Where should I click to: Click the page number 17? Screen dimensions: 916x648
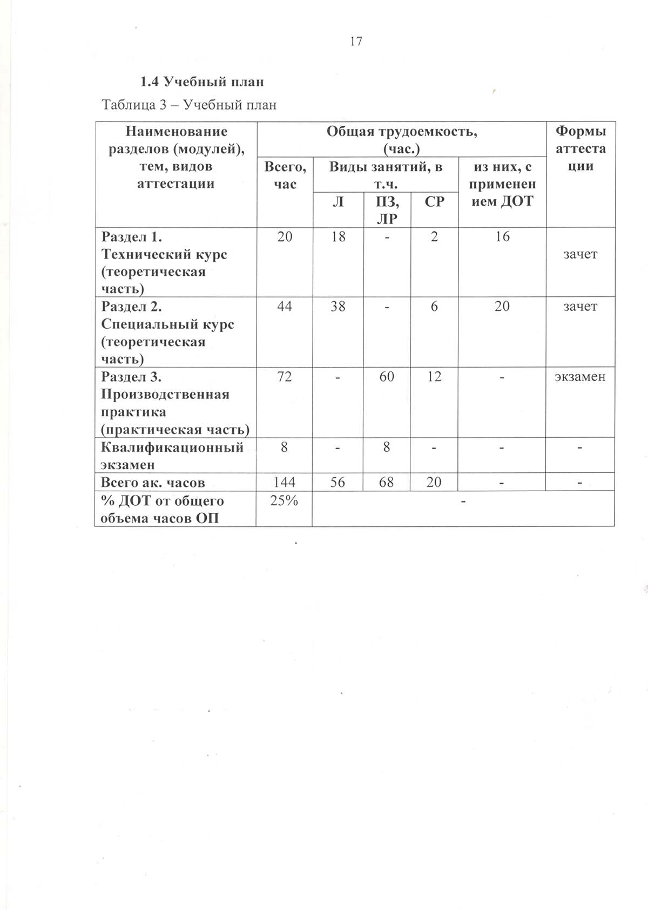pyautogui.click(x=356, y=42)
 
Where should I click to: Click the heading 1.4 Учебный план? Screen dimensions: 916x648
pyautogui.click(x=202, y=82)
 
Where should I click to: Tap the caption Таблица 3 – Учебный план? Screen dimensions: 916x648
pyautogui.click(x=189, y=105)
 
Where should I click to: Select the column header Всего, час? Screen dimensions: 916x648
pyautogui.click(x=285, y=175)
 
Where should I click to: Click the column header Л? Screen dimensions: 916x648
pyautogui.click(x=338, y=202)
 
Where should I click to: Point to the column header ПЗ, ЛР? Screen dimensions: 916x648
pyautogui.click(x=387, y=210)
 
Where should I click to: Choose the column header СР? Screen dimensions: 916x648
pyautogui.click(x=434, y=202)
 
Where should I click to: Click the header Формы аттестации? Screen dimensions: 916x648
pyautogui.click(x=580, y=148)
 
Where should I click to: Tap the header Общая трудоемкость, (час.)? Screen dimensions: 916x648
pyautogui.click(x=401, y=140)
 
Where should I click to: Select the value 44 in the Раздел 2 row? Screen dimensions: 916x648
pyautogui.click(x=285, y=307)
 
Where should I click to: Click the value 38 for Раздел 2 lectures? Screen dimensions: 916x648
pyautogui.click(x=338, y=307)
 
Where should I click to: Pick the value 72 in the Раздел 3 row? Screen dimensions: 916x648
pyautogui.click(x=285, y=377)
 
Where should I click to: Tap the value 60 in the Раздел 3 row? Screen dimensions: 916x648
pyautogui.click(x=387, y=377)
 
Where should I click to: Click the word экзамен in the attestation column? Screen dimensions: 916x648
pyautogui.click(x=580, y=377)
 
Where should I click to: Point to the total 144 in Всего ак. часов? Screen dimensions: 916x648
pyautogui.click(x=285, y=482)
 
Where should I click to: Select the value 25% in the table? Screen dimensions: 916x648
pyautogui.click(x=285, y=501)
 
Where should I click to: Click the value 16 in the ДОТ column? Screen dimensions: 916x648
pyautogui.click(x=502, y=236)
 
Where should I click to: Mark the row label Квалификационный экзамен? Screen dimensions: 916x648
pyautogui.click(x=172, y=456)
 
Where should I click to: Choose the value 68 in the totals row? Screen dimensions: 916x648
pyautogui.click(x=387, y=482)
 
